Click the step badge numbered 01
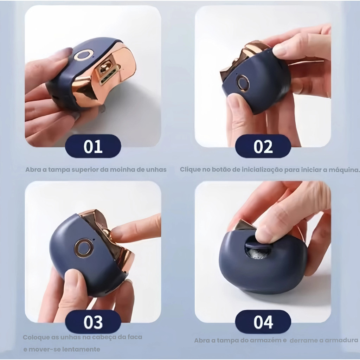(93, 146)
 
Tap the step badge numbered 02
(263, 146)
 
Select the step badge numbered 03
(93, 322)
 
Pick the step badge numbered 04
(263, 322)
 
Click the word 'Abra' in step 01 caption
(33, 170)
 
